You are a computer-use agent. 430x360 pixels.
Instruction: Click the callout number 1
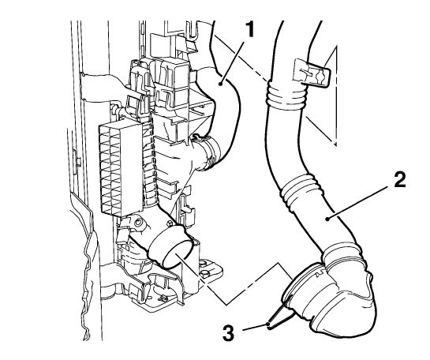point(249,30)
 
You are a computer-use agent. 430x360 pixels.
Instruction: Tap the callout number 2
point(399,180)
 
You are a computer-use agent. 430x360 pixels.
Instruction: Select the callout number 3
point(228,333)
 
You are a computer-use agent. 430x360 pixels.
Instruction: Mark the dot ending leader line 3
point(268,324)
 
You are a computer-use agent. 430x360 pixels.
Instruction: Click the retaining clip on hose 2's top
point(312,73)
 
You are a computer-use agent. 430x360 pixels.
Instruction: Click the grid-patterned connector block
point(121,168)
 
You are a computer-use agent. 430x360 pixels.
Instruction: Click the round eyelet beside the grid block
point(139,223)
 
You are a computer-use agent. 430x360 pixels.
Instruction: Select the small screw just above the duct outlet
point(170,223)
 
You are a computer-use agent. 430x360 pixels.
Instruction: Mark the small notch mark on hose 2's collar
point(320,274)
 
